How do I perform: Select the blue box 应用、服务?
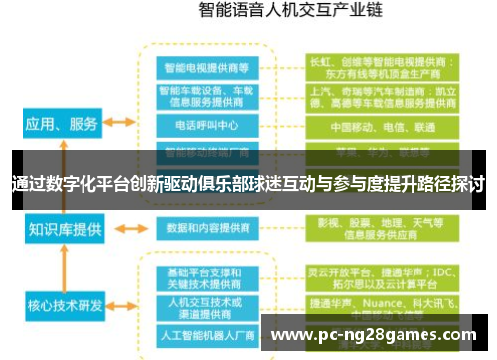point(62,125)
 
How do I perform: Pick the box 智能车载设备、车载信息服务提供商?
point(206,96)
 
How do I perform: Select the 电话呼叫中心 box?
point(206,127)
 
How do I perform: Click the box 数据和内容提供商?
point(206,228)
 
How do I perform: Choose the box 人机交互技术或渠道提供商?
point(206,307)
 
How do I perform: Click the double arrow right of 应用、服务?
point(120,123)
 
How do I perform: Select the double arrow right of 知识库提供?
point(120,228)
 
